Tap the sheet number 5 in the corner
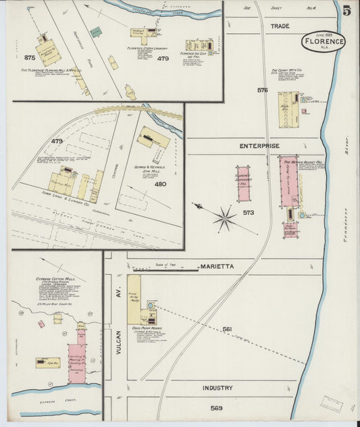(x=346, y=10)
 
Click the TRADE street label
(x=280, y=26)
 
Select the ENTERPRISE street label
(x=259, y=146)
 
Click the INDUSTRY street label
(x=217, y=388)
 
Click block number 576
(x=262, y=90)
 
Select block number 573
(x=248, y=212)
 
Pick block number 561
(x=228, y=329)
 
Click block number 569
(x=216, y=408)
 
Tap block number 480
(x=160, y=183)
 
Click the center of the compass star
(x=224, y=218)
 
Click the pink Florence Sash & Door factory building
(x=243, y=183)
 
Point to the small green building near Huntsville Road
(x=97, y=32)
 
